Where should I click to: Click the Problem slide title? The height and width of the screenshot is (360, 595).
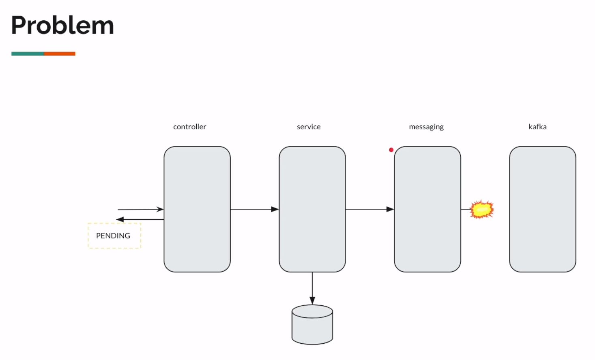coord(62,25)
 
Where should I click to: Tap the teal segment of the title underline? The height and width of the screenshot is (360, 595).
coord(28,54)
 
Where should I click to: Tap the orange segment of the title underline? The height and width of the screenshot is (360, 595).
coord(60,54)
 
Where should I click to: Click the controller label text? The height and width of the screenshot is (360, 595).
coord(189,127)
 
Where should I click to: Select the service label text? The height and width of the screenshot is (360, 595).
coord(309,127)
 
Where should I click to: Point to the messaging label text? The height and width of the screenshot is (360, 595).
coord(426,127)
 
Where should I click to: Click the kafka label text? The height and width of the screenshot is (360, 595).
coord(537,127)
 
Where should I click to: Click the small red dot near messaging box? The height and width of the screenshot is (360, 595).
coord(391,150)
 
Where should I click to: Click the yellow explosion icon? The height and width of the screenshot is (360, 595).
coord(482,210)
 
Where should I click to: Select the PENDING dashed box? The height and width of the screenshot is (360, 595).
coord(114,236)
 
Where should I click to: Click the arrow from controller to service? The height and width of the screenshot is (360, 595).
coord(254,209)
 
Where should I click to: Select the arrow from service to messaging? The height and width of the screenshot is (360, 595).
coord(369,209)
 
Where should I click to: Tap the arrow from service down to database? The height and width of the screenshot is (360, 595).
coord(312,288)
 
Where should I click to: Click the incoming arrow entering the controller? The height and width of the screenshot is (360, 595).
coord(140,209)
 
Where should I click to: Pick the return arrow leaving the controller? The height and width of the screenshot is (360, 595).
coord(140,219)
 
